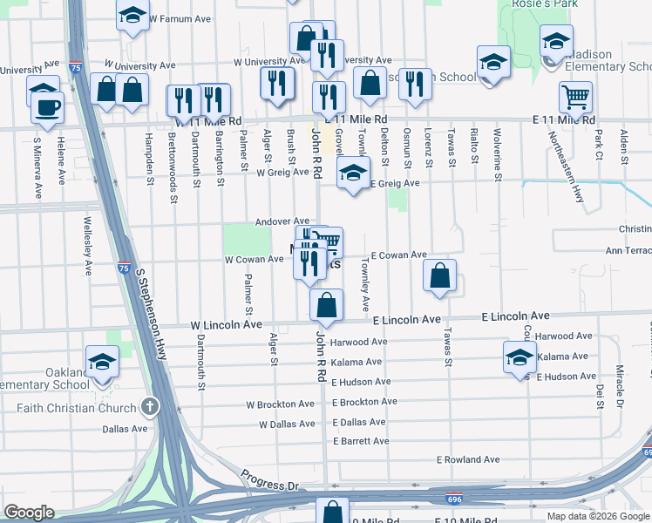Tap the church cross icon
149,406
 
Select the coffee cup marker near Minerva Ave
46,109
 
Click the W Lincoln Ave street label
227,324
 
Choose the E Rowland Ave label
468,459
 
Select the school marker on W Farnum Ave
132,15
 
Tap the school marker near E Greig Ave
353,173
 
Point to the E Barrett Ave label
361,441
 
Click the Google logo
30,513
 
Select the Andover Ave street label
282,221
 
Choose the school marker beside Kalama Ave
520,357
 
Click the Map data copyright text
598,515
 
